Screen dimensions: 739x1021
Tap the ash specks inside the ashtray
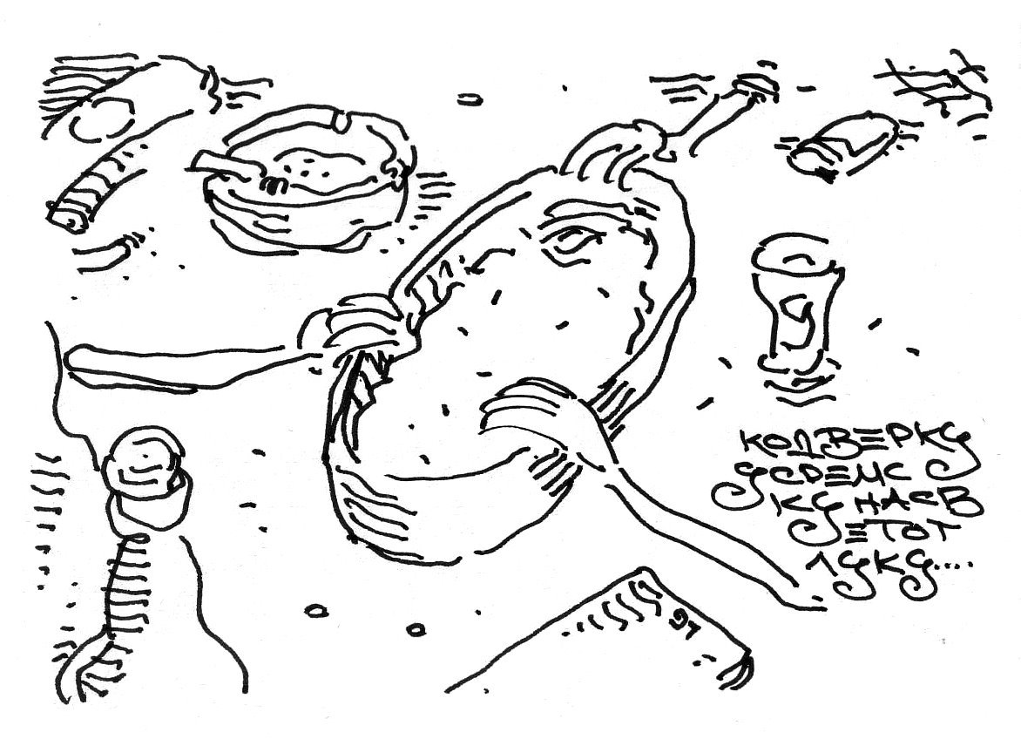(322, 165)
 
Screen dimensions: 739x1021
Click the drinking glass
(792, 305)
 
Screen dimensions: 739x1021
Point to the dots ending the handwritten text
(945, 568)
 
